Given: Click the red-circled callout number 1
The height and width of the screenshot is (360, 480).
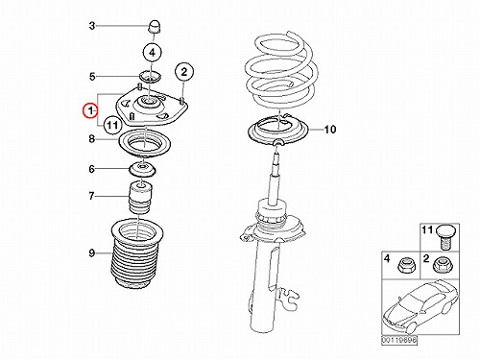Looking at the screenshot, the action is click(x=90, y=111).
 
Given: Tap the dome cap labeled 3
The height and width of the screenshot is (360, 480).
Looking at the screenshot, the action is click(x=156, y=26).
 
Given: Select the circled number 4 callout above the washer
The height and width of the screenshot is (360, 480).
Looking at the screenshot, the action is click(x=152, y=52).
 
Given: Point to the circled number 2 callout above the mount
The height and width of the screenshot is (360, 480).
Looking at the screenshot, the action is click(x=184, y=72).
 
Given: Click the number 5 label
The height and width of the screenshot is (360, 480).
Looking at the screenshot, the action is click(x=92, y=77).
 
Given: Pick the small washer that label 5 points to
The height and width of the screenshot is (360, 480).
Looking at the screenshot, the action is click(x=150, y=77).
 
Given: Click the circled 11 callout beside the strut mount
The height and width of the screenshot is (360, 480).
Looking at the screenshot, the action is click(x=112, y=125).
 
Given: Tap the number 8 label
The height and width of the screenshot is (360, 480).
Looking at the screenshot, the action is click(x=92, y=139).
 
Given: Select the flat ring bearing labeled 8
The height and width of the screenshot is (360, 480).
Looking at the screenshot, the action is click(x=145, y=143).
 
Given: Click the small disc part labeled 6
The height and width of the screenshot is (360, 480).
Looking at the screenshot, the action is click(x=142, y=170).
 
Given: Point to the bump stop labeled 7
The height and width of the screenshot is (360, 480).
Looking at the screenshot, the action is click(x=141, y=198).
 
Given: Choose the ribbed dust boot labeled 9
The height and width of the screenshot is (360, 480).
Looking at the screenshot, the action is click(x=137, y=253).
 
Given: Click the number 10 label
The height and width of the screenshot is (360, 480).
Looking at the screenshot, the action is click(x=329, y=130).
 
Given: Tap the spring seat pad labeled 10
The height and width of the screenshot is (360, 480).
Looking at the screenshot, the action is click(x=277, y=132).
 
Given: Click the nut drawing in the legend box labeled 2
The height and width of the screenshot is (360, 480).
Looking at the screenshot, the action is click(x=440, y=265).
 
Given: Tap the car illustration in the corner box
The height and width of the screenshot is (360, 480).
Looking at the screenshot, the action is click(x=420, y=307).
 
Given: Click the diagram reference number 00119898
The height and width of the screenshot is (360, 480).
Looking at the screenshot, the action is click(x=399, y=341).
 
